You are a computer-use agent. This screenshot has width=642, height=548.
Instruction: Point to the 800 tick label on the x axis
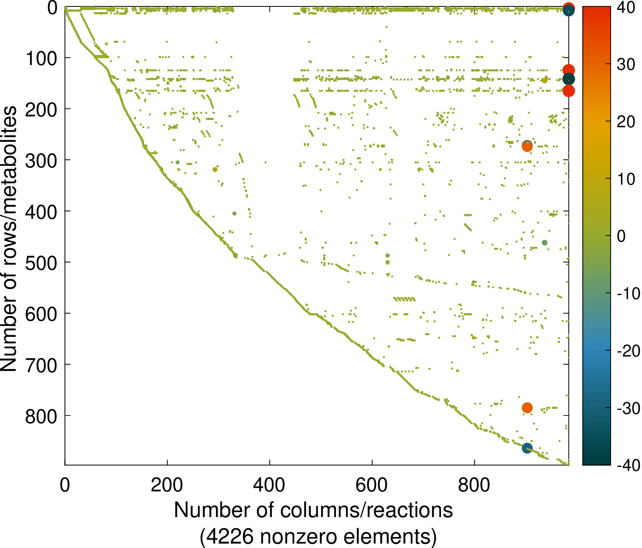474,485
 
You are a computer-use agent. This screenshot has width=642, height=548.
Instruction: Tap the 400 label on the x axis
269,485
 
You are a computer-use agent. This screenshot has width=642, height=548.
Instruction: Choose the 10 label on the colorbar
626,179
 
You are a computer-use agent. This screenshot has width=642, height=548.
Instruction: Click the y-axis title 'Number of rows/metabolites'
9,239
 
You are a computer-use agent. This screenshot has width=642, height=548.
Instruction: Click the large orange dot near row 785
527,408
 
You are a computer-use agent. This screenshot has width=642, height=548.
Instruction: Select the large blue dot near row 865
527,448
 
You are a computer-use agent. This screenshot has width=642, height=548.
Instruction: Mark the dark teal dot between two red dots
568,79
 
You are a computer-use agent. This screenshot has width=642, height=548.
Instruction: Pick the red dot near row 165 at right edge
568,91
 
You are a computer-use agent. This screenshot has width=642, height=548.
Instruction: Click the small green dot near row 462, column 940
545,242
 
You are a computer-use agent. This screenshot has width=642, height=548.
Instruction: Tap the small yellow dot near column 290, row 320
215,169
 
